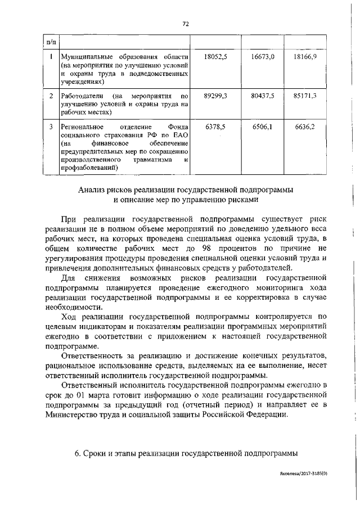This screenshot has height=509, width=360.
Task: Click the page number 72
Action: (x=185, y=23)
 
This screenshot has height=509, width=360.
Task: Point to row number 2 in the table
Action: (x=51, y=96)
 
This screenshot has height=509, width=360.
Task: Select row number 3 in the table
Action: (x=51, y=127)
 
